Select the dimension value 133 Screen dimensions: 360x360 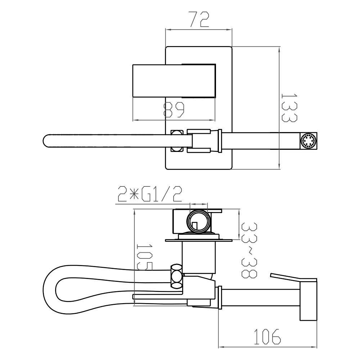[x=289, y=107]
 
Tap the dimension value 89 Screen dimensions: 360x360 [x=174, y=110]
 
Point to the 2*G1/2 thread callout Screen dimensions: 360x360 [x=150, y=194]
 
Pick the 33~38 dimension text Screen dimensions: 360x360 [x=249, y=250]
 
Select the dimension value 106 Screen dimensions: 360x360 [x=267, y=337]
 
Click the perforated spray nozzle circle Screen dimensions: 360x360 [x=309, y=141]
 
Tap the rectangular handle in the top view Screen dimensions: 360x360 [x=174, y=81]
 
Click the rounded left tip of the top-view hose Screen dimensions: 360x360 [x=44, y=140]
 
